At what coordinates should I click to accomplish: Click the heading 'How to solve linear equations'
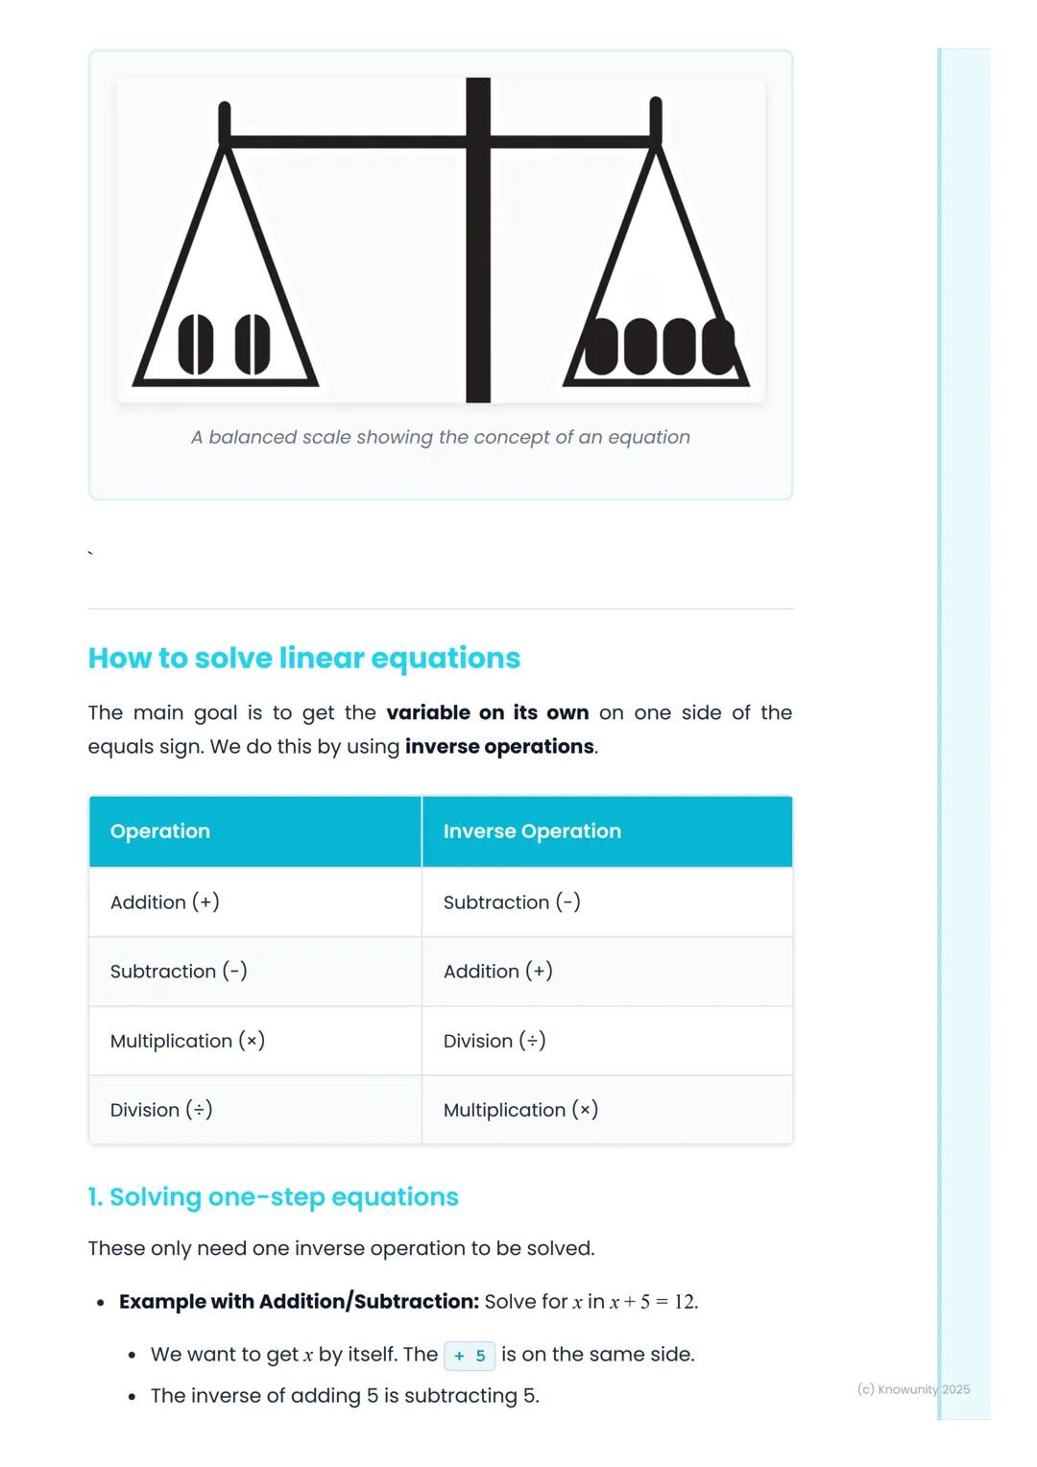click(x=303, y=659)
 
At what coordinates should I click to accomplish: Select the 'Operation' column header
click(x=160, y=831)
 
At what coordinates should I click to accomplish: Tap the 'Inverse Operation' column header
click(x=532, y=831)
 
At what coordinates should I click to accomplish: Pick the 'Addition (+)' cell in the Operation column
click(x=165, y=902)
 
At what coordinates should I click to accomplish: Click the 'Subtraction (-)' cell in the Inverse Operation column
click(x=512, y=902)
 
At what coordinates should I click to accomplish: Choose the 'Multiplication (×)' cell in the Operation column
click(x=187, y=1041)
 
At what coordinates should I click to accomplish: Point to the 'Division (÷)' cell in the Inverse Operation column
click(x=494, y=1041)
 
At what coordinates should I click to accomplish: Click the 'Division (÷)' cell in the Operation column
click(x=161, y=1110)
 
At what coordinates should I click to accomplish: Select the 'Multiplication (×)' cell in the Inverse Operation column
click(x=520, y=1110)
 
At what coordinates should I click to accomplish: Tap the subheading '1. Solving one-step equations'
click(x=274, y=1197)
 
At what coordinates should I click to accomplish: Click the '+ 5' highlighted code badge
click(x=470, y=1356)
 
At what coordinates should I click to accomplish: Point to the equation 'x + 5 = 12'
click(x=653, y=1303)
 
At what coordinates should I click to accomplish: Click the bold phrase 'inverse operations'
click(x=499, y=747)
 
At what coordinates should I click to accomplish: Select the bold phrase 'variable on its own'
click(x=487, y=713)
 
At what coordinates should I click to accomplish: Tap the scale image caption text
click(x=441, y=438)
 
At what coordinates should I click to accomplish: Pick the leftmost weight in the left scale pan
click(x=196, y=345)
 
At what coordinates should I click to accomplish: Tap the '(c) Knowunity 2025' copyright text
click(x=913, y=1389)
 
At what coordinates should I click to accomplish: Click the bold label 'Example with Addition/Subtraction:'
click(x=299, y=1302)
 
